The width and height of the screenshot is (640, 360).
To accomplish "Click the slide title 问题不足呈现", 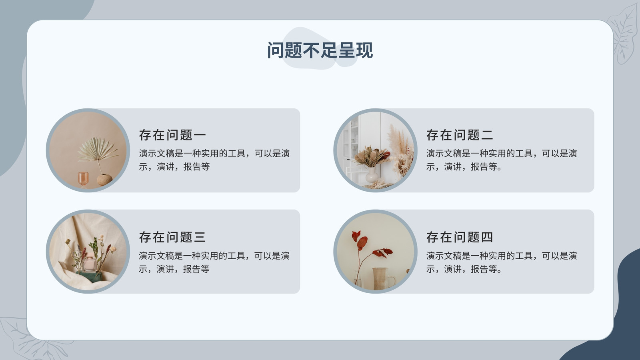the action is click(x=320, y=50).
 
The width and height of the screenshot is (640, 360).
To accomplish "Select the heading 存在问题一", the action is click(x=172, y=135).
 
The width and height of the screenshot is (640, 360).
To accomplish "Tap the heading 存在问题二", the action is click(x=460, y=135).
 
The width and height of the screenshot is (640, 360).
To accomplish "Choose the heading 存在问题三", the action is click(x=172, y=237).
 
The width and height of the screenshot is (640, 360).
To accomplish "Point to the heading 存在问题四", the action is click(x=460, y=237).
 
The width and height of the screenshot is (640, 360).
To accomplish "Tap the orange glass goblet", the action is click(x=83, y=179).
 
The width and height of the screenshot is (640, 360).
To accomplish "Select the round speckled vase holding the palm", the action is click(x=104, y=180).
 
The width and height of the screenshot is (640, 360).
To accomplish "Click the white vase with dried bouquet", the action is click(x=372, y=174).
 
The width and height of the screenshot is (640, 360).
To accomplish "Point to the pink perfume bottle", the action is click(x=90, y=262).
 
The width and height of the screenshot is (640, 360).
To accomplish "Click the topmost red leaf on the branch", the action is click(x=356, y=236).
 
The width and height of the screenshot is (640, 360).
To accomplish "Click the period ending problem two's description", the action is click(x=500, y=168).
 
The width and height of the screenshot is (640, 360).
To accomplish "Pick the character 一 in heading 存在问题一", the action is click(x=200, y=135).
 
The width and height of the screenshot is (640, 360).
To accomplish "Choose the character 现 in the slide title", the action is click(x=364, y=50).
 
